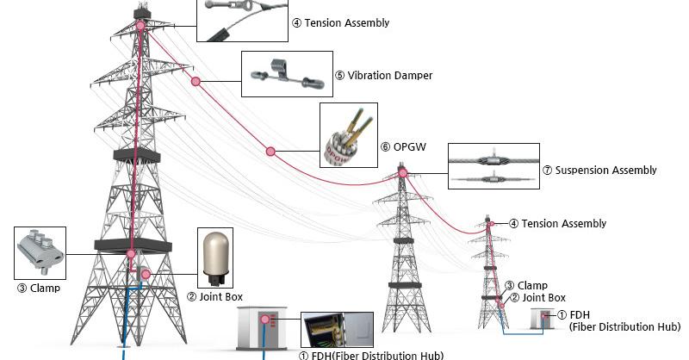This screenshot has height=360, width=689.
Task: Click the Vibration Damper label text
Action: click(x=383, y=75)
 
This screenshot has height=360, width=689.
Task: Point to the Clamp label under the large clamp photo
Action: click(x=39, y=288)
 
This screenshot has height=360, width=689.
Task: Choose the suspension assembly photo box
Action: click(x=493, y=166)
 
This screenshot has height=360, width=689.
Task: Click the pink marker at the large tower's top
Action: click(x=140, y=26)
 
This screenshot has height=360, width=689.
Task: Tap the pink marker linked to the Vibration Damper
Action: click(x=196, y=82)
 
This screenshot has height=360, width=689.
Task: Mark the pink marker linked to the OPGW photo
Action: click(x=270, y=152)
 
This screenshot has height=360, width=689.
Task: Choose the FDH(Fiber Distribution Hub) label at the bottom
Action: click(x=370, y=355)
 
